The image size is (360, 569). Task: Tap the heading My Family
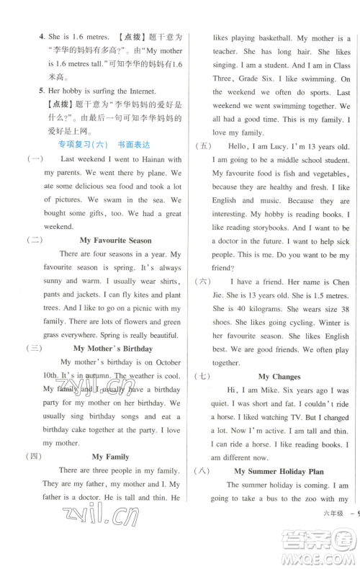pos(110,457)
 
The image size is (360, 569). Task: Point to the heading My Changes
pos(279,376)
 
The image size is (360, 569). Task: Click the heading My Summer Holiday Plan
pos(279,471)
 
